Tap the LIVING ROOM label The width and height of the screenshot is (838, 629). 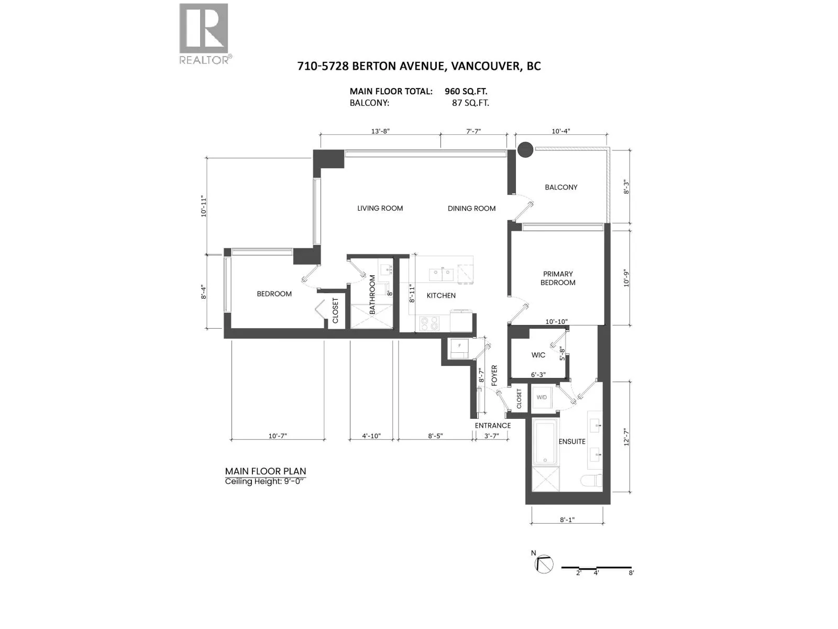pyautogui.click(x=380, y=208)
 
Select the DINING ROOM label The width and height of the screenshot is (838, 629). pyautogui.click(x=471, y=208)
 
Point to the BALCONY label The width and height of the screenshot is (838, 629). pyautogui.click(x=561, y=187)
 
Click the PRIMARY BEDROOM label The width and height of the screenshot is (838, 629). pyautogui.click(x=558, y=278)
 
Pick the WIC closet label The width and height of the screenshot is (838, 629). pyautogui.click(x=538, y=355)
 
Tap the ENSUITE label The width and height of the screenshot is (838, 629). pyautogui.click(x=572, y=441)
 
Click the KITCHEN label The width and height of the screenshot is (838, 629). pyautogui.click(x=441, y=295)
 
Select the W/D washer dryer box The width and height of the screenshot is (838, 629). pyautogui.click(x=542, y=397)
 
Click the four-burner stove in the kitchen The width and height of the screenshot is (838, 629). pyautogui.click(x=429, y=323)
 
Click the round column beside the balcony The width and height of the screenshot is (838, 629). pyautogui.click(x=525, y=149)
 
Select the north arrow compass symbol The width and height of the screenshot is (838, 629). pyautogui.click(x=544, y=574)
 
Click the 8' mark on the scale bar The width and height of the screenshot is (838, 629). pyautogui.click(x=631, y=583)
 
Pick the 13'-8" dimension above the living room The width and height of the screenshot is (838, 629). pyautogui.click(x=380, y=131)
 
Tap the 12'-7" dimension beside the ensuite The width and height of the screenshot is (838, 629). pyautogui.click(x=626, y=437)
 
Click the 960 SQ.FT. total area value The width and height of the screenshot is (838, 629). pyautogui.click(x=466, y=91)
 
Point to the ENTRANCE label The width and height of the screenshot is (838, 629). pyautogui.click(x=492, y=426)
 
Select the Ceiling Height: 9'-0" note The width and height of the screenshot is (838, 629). pyautogui.click(x=264, y=481)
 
